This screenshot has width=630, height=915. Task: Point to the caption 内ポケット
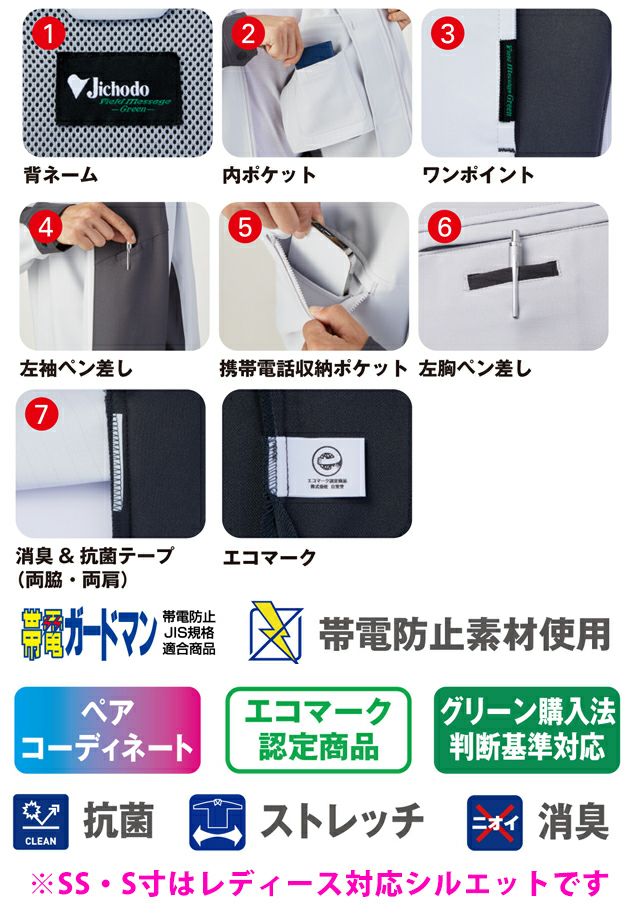coord(268,175)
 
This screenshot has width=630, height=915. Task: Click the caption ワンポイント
coord(478,175)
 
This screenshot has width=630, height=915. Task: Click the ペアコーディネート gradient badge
coord(107,730)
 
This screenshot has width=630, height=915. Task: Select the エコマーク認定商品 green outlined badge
coord(318,730)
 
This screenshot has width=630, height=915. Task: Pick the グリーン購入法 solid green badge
coord(526,730)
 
